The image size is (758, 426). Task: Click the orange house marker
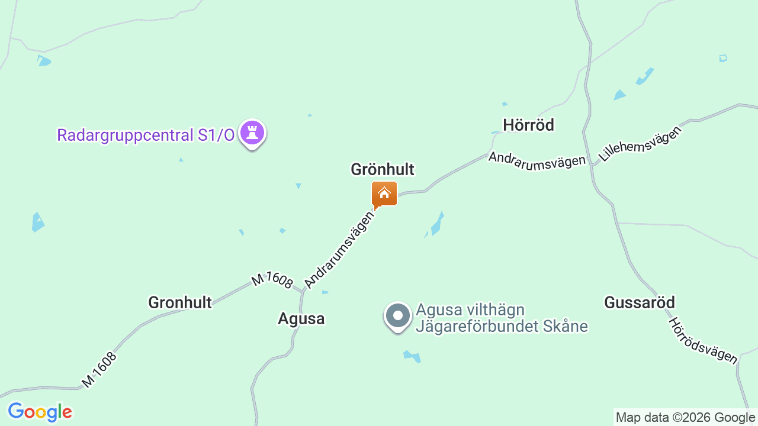(384, 194)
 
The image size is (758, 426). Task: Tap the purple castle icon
(252, 133)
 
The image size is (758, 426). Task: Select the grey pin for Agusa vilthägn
(398, 316)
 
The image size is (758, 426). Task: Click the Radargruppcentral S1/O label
(146, 135)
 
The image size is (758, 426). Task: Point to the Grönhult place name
(382, 170)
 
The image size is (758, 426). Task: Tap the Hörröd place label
(528, 125)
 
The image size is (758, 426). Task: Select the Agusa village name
(301, 319)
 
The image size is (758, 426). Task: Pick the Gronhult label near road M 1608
(179, 303)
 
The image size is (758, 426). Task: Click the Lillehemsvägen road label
(640, 144)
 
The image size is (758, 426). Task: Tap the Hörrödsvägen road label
(703, 340)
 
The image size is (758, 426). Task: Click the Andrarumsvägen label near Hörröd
(537, 160)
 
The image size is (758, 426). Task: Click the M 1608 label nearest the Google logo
(99, 370)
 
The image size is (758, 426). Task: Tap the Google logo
(40, 412)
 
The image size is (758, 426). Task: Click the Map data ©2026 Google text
(685, 417)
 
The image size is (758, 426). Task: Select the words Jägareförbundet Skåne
(502, 326)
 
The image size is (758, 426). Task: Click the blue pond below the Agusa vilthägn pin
(412, 356)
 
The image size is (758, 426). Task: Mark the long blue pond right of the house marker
(436, 224)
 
